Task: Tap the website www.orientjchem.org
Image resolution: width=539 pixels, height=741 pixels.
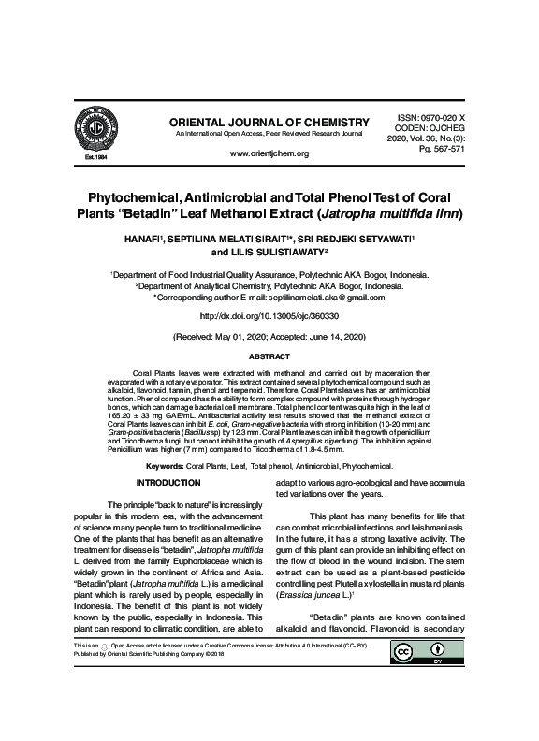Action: [x=269, y=153]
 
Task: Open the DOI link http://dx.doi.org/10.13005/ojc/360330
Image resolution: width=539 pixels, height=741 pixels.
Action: [x=269, y=317]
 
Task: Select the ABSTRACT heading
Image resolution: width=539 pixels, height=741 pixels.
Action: [x=269, y=357]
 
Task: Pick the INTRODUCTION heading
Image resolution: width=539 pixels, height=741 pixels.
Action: [x=169, y=483]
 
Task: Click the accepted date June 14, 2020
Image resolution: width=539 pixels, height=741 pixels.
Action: [x=330, y=337]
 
